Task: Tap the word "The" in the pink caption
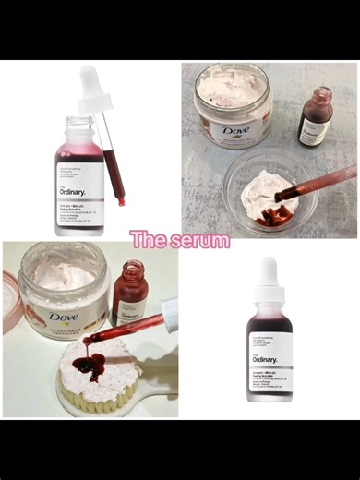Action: coord(148,240)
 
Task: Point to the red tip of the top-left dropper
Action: coord(120,198)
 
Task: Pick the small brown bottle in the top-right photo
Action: coord(316,117)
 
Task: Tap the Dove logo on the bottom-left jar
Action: coord(63,317)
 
